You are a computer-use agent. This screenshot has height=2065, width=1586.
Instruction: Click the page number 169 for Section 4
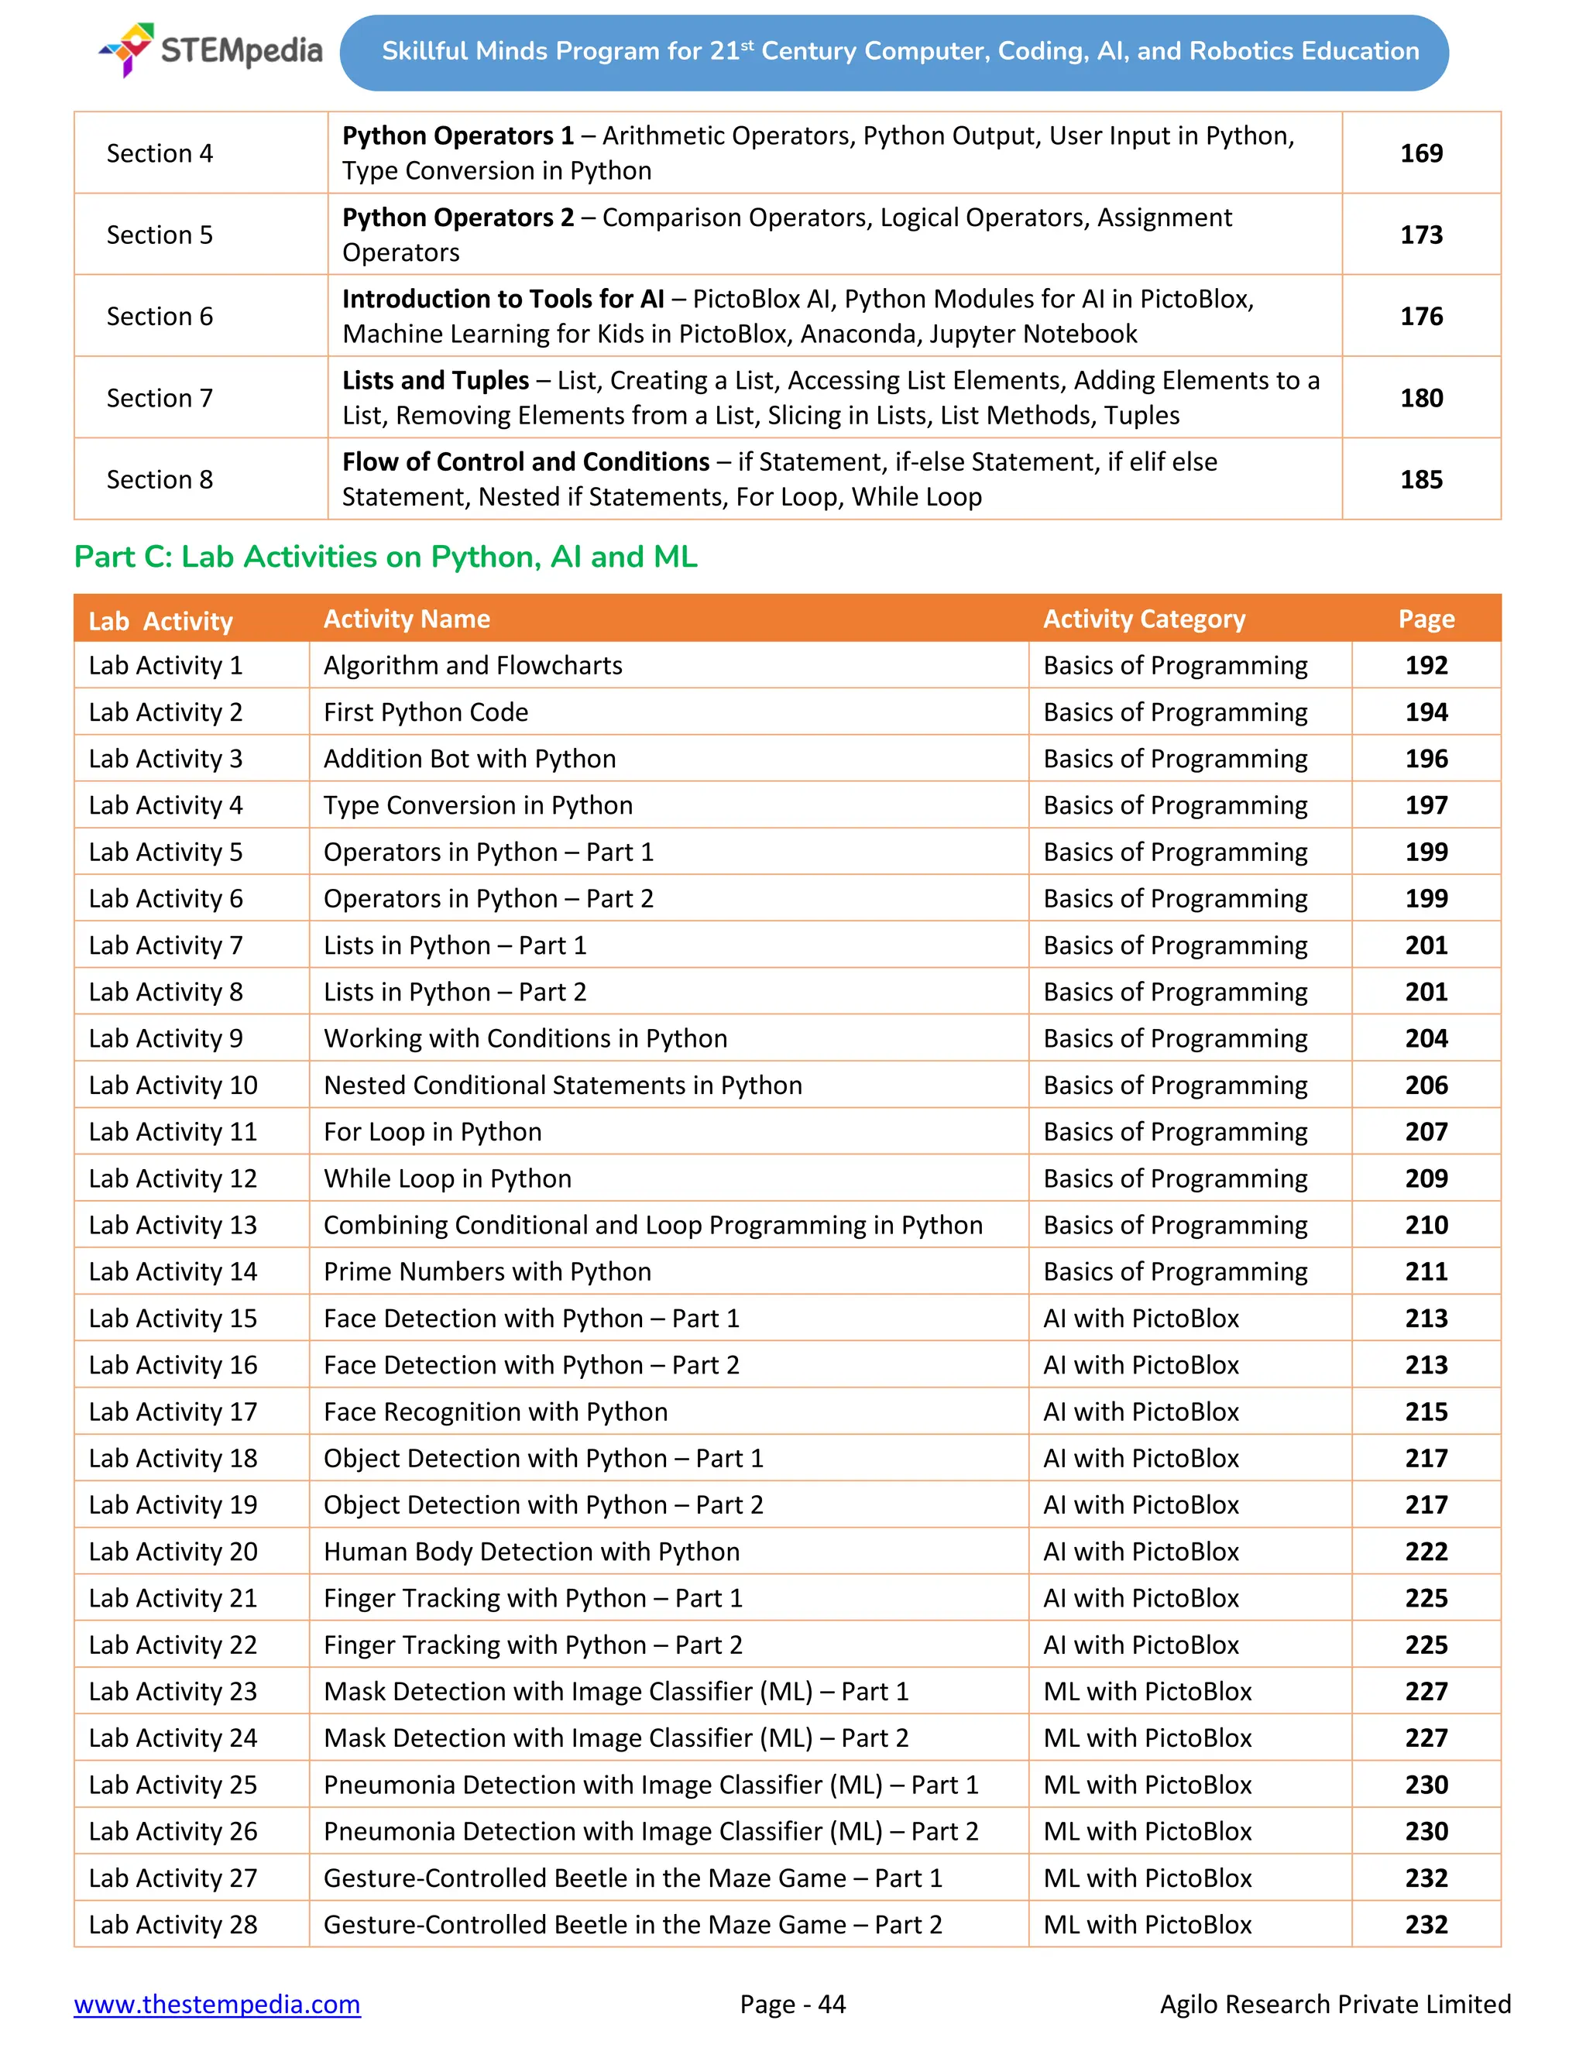click(x=1421, y=153)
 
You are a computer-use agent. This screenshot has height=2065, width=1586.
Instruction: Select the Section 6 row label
click(x=160, y=316)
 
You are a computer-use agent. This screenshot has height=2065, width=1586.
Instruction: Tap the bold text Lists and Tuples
click(x=435, y=380)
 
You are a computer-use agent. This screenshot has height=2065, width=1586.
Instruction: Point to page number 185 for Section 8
click(x=1421, y=479)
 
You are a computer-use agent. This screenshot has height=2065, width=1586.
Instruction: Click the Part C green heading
click(x=385, y=557)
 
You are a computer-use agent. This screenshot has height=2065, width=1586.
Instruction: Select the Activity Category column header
click(x=1144, y=619)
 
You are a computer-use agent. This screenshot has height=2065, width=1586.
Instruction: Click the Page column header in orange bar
click(x=1426, y=619)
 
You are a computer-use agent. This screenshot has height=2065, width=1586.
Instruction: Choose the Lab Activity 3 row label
click(x=165, y=759)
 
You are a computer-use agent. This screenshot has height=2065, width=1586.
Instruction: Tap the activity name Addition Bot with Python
click(x=469, y=759)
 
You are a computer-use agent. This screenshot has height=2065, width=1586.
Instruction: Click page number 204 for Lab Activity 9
click(x=1426, y=1038)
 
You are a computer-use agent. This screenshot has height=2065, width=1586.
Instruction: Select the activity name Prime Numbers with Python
click(x=487, y=1271)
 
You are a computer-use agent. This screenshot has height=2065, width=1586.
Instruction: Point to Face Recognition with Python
click(x=496, y=1412)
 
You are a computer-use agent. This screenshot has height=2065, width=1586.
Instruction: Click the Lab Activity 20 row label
click(x=173, y=1552)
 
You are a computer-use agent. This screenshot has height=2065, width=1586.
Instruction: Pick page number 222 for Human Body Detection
click(x=1426, y=1552)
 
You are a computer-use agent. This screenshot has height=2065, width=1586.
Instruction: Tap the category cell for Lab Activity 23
click(x=1147, y=1691)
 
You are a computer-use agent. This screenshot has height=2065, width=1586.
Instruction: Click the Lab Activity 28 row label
click(x=173, y=1924)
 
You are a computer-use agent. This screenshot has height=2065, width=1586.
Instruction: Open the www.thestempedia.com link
click(x=217, y=2004)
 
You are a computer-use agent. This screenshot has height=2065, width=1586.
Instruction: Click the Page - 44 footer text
click(x=792, y=2004)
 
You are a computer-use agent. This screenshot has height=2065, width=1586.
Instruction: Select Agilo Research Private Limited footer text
click(x=1335, y=2004)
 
